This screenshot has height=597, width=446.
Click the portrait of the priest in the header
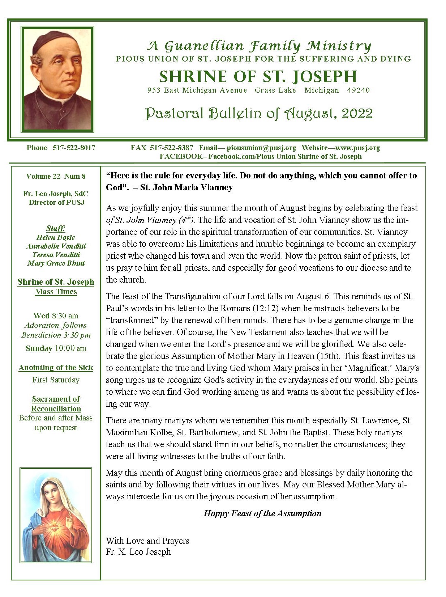coord(58,79)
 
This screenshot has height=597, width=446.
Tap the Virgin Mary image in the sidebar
coord(56,515)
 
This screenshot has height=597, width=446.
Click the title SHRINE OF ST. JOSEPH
coord(258,76)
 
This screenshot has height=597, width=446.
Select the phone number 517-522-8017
coord(74,148)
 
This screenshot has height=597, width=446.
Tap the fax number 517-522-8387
coord(171,148)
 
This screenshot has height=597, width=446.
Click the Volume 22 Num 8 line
coord(56,176)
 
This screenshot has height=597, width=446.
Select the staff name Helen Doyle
coord(56,237)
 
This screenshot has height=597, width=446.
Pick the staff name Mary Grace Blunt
coord(56,263)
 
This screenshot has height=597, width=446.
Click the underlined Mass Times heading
coord(56,292)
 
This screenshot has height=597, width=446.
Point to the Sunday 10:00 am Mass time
coord(56,348)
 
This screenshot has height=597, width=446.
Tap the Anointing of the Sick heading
coord(56,368)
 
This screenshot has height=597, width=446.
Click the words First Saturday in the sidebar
coord(56,380)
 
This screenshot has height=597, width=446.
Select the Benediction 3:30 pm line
coord(56,335)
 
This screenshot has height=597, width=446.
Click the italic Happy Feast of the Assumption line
coord(262,513)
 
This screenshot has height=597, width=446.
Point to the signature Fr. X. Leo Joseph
coord(138,552)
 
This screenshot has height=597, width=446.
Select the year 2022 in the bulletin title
coord(357,114)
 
